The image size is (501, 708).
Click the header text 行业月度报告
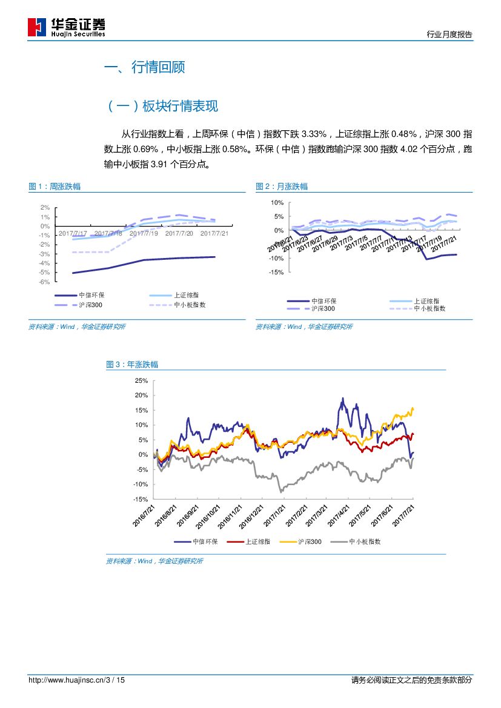point(450,35)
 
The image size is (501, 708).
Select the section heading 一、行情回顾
point(144,67)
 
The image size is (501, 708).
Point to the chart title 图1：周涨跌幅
point(55,187)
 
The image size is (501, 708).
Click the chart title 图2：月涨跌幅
point(282,187)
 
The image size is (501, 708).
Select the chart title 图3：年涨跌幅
point(132,365)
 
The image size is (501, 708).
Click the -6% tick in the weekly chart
point(45,282)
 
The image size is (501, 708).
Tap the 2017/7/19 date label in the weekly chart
point(144,233)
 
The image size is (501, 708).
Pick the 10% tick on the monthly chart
point(277,202)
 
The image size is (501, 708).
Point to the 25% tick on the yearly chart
point(141,380)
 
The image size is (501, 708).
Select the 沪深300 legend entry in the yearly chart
point(309,542)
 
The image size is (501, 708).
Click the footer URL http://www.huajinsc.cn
point(67,680)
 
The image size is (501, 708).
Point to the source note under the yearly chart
point(154,561)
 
